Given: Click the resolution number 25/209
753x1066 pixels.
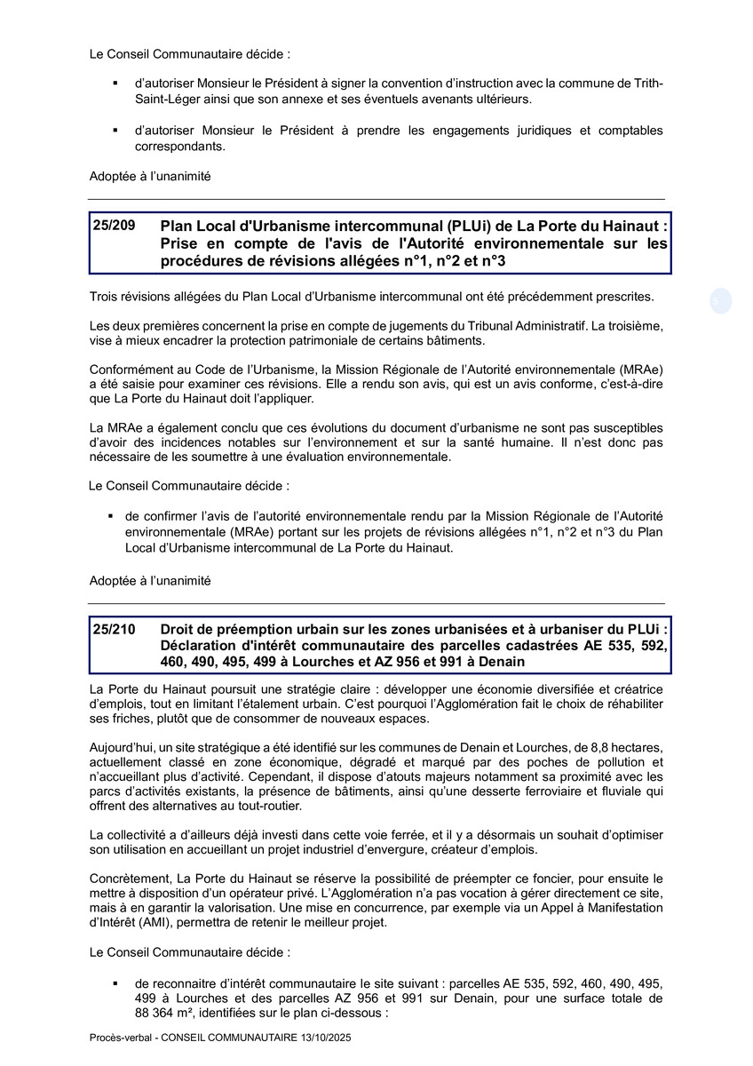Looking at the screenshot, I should point(115,226).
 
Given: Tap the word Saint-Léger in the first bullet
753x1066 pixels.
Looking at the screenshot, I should point(166,98).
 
